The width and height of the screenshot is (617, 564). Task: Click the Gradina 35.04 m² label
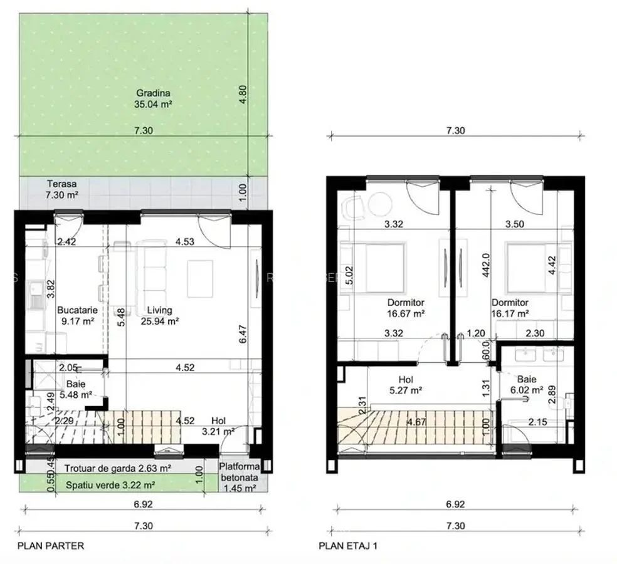(x=153, y=99)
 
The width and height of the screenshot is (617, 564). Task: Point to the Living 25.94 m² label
(x=160, y=315)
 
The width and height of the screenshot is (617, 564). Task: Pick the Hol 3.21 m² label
(x=222, y=426)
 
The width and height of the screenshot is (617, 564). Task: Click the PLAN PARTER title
(x=51, y=546)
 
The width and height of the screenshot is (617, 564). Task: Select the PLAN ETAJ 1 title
(x=348, y=546)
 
